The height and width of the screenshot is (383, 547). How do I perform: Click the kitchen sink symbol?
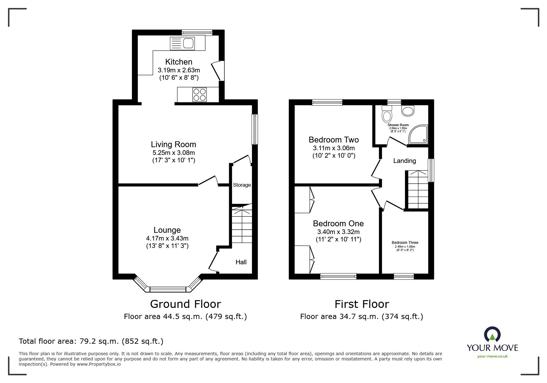tap(182, 43)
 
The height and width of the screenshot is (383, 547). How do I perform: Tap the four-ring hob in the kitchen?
tap(199, 95)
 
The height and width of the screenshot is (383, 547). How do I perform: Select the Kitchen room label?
tap(179, 62)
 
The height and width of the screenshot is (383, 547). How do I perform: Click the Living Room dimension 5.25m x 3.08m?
tap(174, 153)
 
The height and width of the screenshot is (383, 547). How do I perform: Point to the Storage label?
tap(242, 185)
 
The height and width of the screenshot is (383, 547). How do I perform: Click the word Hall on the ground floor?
tap(241, 262)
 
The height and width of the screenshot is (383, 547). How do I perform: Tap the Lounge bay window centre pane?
tap(168, 289)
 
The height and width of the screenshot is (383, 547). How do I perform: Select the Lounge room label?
tap(167, 230)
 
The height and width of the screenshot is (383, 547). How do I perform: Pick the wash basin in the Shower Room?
tap(408, 111)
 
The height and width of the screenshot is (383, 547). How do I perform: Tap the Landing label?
tap(404, 161)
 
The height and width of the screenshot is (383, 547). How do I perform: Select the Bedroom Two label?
tap(334, 140)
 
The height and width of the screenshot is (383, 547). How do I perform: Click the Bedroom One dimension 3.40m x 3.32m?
tap(338, 232)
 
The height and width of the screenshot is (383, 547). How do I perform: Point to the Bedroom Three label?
tap(405, 243)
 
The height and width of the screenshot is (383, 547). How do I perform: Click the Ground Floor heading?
tap(185, 304)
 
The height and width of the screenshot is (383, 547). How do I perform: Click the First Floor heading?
tap(361, 304)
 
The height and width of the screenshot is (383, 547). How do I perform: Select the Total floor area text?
tap(91, 341)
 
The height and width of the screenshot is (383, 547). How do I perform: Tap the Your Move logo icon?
tap(492, 334)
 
